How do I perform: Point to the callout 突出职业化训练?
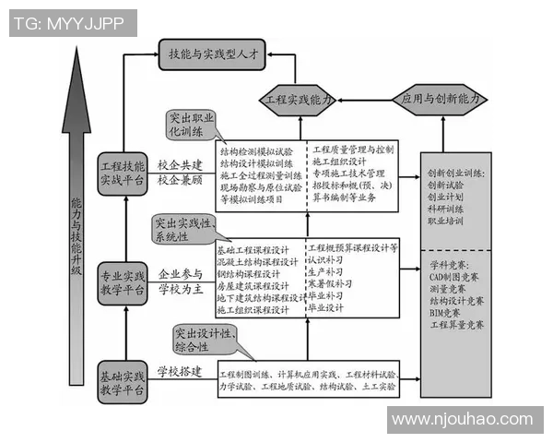(x=191, y=125)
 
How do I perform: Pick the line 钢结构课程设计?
(x=253, y=273)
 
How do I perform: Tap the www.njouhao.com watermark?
(x=460, y=420)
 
